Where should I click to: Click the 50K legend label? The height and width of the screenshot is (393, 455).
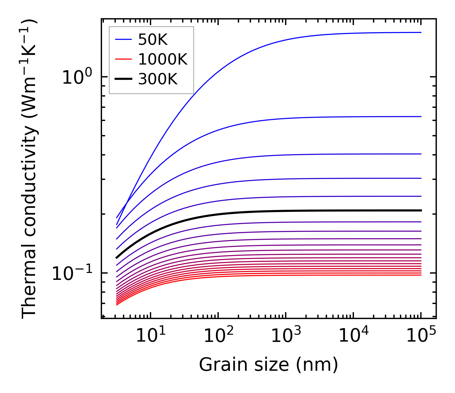[153, 40]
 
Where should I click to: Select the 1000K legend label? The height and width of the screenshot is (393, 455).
[163, 59]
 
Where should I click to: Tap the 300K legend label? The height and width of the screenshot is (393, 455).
[158, 79]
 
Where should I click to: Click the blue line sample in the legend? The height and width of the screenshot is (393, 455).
[123, 40]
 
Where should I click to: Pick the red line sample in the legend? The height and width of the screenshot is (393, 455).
[123, 59]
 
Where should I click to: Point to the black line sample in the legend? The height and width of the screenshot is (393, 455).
[123, 79]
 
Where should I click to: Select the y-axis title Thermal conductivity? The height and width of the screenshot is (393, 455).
[30, 169]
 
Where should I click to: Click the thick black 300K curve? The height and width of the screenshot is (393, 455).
[250, 212]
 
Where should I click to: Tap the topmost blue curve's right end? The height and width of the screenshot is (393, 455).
[421, 32]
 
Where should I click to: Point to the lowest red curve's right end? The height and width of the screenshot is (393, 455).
[421, 275]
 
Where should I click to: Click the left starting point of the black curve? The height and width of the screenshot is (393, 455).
[116, 258]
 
